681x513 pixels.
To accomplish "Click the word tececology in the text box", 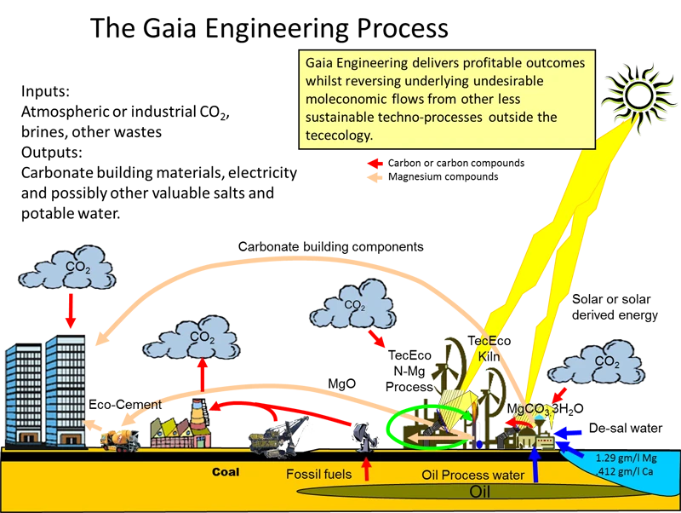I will [336, 135].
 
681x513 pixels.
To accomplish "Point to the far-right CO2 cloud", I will [606, 361].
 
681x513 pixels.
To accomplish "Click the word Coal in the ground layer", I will [226, 471].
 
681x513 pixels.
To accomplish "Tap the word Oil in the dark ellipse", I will [482, 492].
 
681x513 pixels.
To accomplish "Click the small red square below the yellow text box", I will [374, 163].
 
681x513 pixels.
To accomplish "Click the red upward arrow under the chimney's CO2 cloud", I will [202, 372].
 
